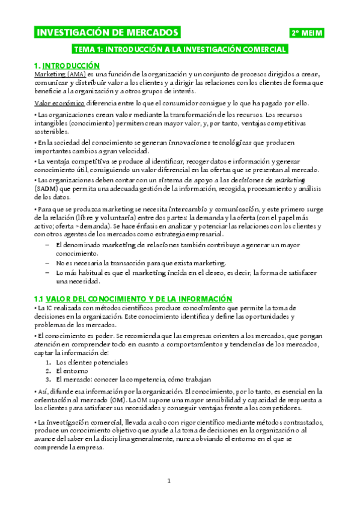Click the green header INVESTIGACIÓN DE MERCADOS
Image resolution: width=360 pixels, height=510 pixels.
[x=108, y=32]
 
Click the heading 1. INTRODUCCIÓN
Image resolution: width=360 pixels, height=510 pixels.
[x=66, y=65]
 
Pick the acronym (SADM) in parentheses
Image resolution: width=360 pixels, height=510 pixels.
[x=46, y=188]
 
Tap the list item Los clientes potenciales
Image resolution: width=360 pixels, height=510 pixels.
[x=91, y=363]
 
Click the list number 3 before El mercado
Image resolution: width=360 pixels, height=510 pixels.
[x=48, y=379]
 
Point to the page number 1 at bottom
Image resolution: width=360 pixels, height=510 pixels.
[x=169, y=481]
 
